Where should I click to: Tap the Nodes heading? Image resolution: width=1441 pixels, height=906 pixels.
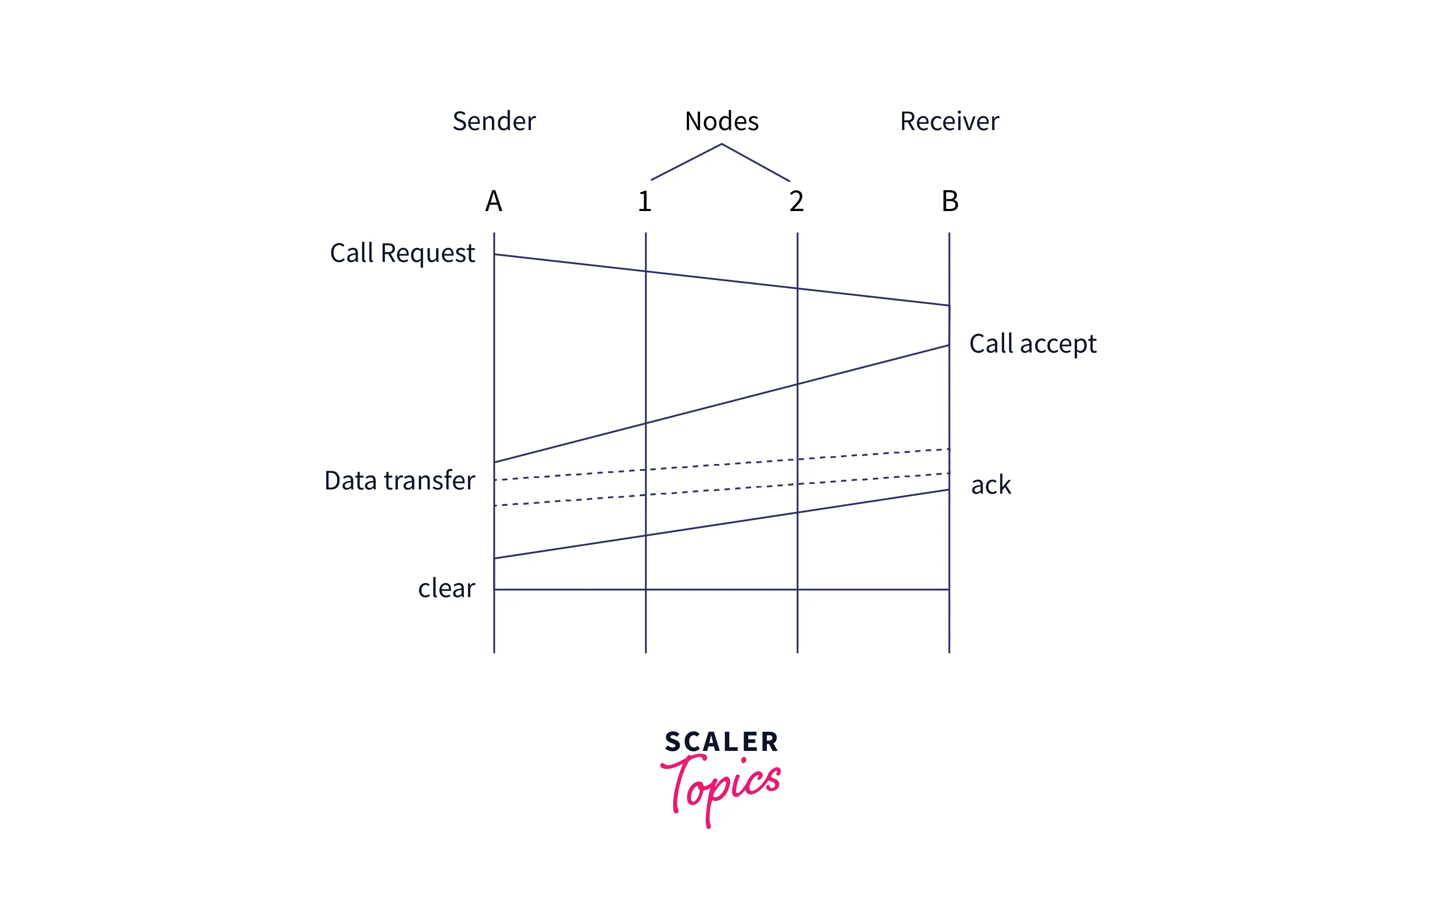coord(722,122)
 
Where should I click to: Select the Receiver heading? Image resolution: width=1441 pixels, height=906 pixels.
coord(949,122)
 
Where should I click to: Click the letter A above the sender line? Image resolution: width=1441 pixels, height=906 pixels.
coord(494,201)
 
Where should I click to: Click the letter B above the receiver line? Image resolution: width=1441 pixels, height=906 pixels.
coord(950,201)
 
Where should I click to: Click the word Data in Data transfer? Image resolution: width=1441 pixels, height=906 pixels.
coord(351,481)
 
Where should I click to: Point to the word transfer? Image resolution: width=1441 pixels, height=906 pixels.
coord(430,481)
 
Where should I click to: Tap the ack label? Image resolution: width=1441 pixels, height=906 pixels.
coord(991,485)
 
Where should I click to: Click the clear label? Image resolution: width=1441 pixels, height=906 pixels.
coord(447,588)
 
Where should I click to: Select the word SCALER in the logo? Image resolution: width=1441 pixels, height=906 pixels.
coord(722,742)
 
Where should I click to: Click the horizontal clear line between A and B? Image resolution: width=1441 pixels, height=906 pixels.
coord(722,589)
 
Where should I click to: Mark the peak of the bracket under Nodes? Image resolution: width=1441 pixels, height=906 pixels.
coord(722,144)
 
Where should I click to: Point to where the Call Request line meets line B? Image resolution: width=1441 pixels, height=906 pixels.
coord(949,306)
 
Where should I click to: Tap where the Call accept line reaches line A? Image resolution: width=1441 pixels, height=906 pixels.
coord(494,462)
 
